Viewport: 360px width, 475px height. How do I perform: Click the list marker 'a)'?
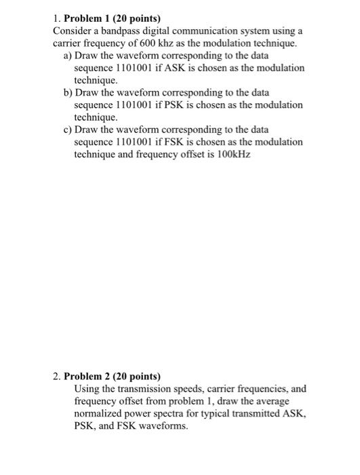click(68, 56)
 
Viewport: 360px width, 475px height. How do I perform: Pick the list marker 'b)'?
click(68, 93)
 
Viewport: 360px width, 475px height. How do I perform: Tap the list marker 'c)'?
click(68, 130)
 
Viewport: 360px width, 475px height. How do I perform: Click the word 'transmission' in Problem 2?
click(150, 388)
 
